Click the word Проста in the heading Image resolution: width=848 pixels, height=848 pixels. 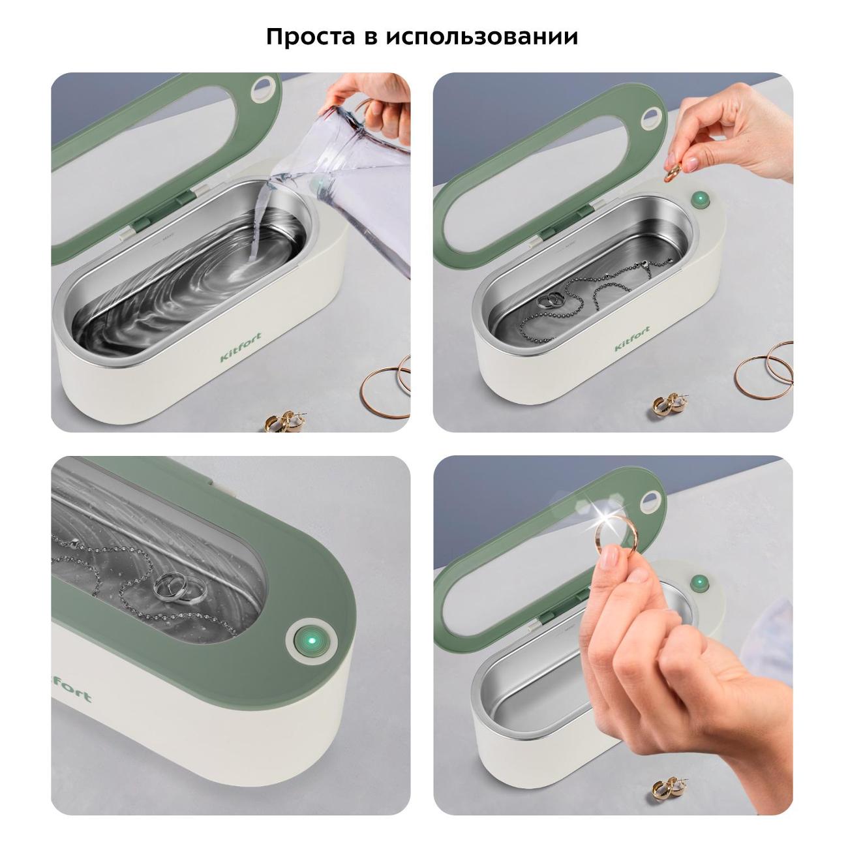310,37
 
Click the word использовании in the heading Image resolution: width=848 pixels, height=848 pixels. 482,37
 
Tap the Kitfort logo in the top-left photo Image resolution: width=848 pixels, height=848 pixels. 241,346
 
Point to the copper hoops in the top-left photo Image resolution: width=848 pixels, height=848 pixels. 386,384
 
